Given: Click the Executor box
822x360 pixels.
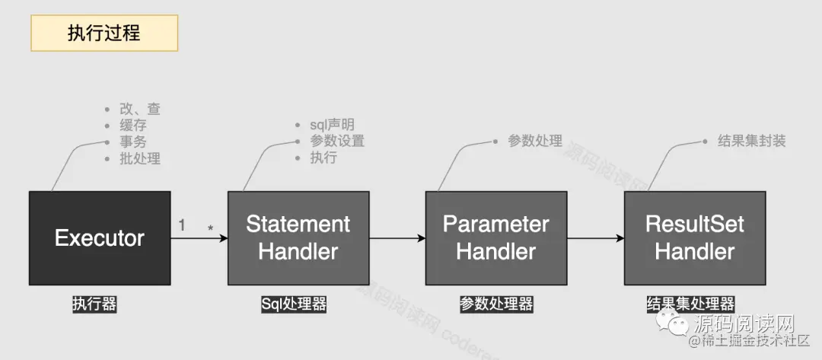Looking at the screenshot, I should pos(99,238).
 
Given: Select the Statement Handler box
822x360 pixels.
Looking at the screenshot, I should pos(298,238).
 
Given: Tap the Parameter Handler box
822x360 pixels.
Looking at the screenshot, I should pos(495,238).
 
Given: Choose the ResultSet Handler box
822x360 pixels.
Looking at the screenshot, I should pos(695,238).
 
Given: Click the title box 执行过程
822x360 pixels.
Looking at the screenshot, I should pos(104,33).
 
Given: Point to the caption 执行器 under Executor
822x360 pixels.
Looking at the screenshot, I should pos(94,304).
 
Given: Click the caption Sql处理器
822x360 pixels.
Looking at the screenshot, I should pos(294,304).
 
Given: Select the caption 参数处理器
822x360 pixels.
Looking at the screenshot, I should pos(496,304).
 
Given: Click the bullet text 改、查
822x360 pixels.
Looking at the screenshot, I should pos(140,109).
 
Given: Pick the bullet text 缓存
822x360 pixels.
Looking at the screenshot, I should pos(133,126).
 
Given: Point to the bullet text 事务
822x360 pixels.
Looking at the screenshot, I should pos(133,142).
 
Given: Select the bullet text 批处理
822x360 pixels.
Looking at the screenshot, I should pos(140,159).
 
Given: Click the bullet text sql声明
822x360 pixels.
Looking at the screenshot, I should pos(332,125).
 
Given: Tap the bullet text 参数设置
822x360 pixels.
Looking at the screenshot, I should pos(337,141).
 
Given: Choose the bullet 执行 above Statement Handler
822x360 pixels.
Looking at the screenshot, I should pos(323,158).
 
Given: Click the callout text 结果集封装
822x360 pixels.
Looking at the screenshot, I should pos(752,141).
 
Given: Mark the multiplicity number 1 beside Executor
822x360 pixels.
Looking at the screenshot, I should pos(182,225).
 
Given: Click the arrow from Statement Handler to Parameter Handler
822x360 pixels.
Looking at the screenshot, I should pos(397,238).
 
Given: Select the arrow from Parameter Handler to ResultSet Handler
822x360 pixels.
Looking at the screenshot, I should pos(595,238).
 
